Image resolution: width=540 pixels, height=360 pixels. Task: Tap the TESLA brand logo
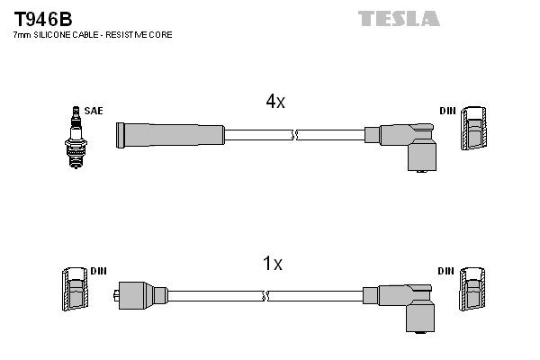coord(399,18)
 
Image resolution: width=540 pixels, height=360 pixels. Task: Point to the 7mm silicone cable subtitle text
coord(93,34)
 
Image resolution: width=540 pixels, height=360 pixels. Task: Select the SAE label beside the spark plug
coord(94,111)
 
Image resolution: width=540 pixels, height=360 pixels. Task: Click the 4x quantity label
coord(274,102)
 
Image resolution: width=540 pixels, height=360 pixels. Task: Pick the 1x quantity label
coord(272,264)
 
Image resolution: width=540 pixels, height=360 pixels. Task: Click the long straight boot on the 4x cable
coord(169,135)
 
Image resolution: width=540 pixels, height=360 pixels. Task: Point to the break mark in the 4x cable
coord(294,135)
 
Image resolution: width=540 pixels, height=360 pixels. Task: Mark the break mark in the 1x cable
coord(264,294)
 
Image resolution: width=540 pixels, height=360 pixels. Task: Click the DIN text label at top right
coord(447,111)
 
